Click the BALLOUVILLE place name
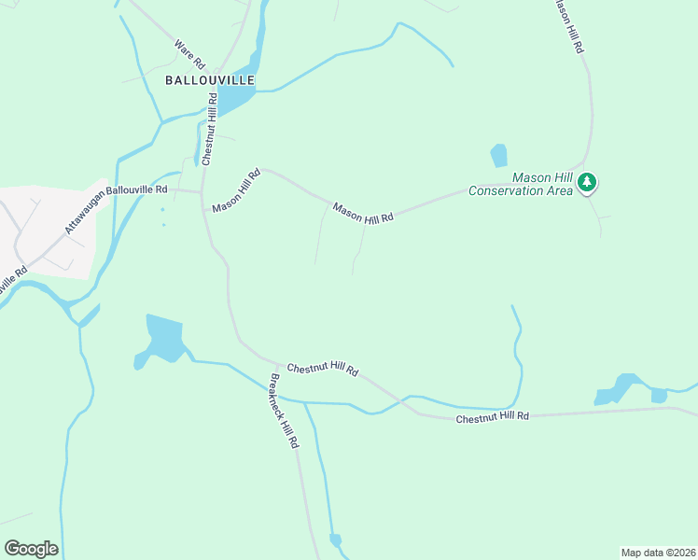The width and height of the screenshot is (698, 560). coord(210,80)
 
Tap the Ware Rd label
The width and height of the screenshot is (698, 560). coord(189,55)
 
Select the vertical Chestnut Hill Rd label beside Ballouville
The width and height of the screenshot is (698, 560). coord(211,129)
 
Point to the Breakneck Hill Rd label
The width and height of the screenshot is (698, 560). coord(284,412)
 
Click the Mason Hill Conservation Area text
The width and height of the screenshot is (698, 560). coord(520,185)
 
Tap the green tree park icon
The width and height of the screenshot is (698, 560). coord(587,182)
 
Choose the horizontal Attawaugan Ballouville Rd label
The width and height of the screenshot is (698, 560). coord(136,189)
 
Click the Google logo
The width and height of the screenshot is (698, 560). coord(31,549)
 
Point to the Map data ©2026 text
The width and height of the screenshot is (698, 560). coord(658,552)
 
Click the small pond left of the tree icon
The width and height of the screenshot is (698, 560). coord(499,155)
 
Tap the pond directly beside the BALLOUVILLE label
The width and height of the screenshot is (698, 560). coord(238,90)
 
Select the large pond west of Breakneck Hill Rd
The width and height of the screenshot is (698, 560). coord(164,338)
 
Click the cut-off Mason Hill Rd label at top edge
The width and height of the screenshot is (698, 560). coord(568,25)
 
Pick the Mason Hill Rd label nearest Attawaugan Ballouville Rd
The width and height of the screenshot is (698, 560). coord(236,190)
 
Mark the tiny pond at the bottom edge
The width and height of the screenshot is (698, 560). coord(336,540)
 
